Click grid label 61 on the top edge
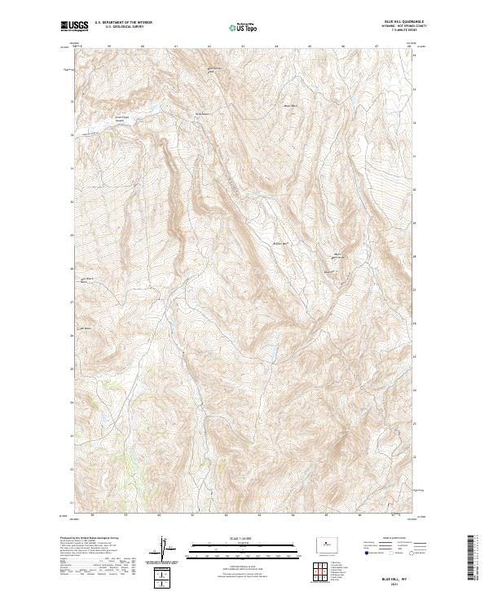pyautogui.click(x=177, y=46)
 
